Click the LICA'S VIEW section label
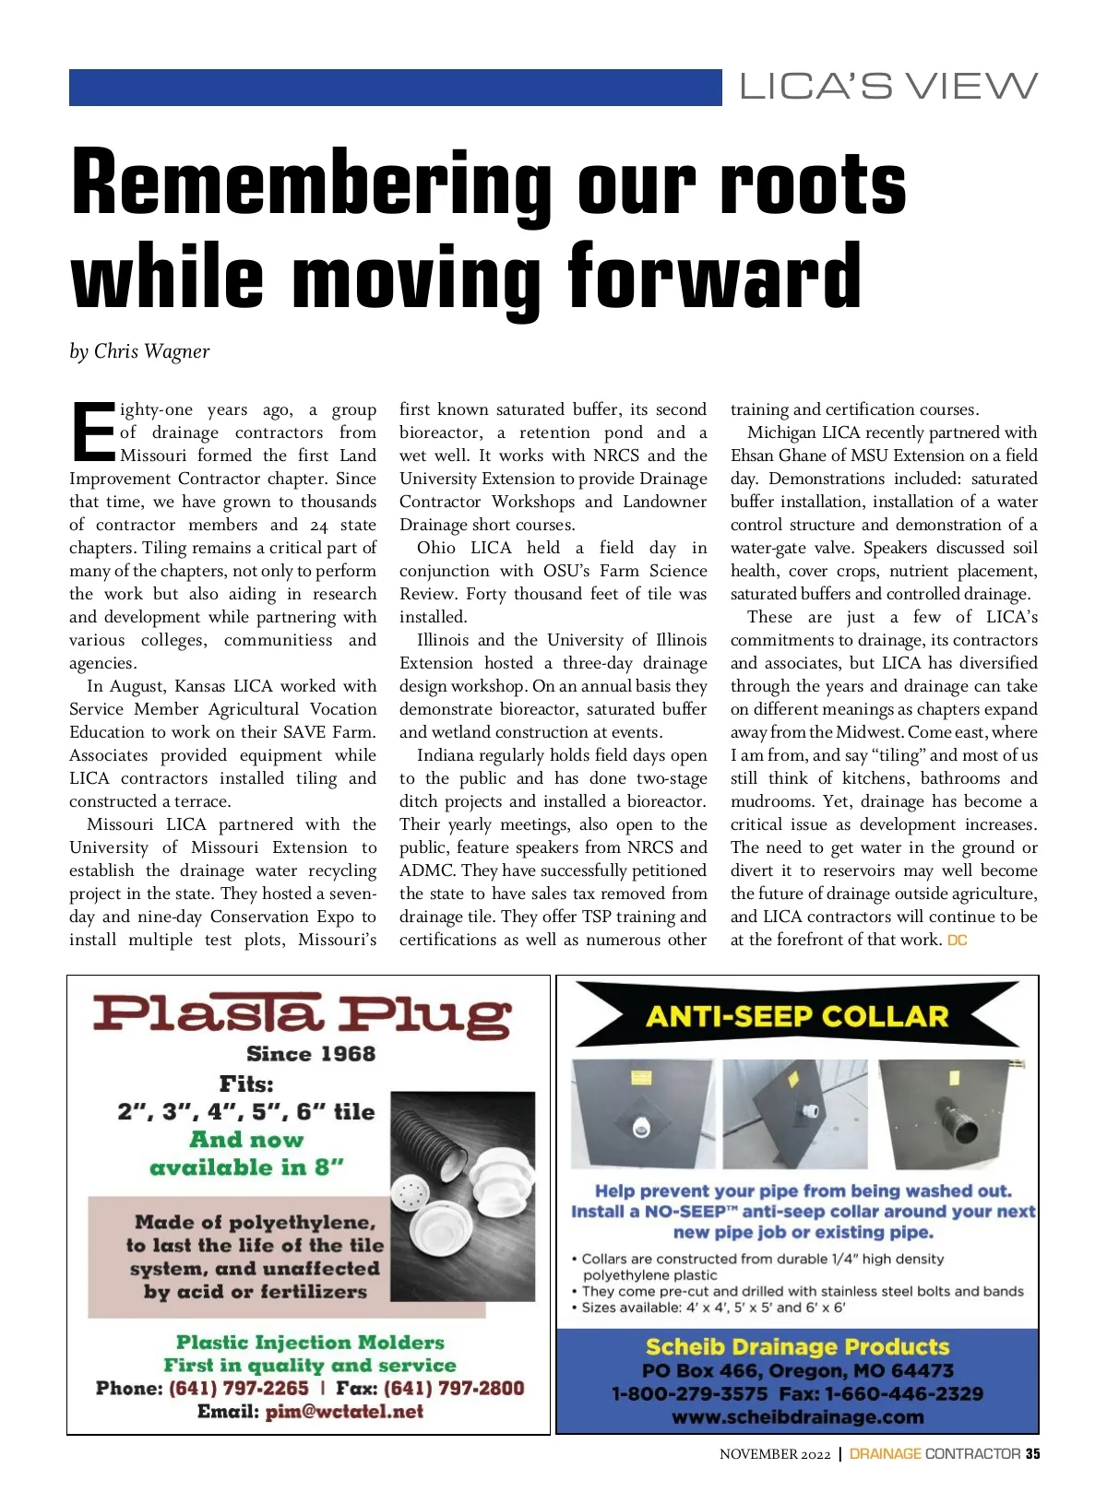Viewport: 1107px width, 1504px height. (x=888, y=87)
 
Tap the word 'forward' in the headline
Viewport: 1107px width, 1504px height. (x=714, y=277)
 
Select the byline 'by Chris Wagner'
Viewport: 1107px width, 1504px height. (x=139, y=351)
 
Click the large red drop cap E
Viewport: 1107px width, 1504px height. (x=93, y=432)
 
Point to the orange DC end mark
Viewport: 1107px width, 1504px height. (x=958, y=941)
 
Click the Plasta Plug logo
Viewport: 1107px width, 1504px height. (x=302, y=1014)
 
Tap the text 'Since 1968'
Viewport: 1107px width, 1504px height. (x=311, y=1054)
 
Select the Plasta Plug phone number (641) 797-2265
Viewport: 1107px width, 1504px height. (x=239, y=1389)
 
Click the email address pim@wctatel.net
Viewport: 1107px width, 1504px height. (x=344, y=1412)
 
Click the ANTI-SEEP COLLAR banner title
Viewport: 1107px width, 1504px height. (x=797, y=1016)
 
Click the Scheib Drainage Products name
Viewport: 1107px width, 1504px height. (x=797, y=1347)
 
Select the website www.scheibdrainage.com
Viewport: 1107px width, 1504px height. (x=797, y=1417)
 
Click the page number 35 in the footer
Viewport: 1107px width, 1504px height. (x=1032, y=1454)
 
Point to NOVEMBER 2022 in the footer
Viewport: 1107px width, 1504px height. (x=775, y=1454)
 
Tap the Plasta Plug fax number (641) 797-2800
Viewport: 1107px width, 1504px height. (x=454, y=1389)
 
